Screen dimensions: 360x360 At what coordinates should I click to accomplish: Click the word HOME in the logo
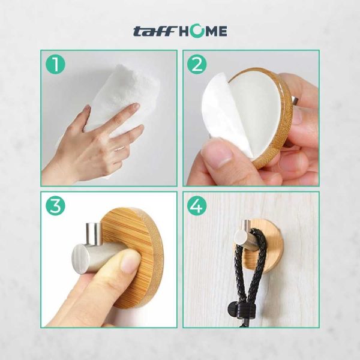point(203,31)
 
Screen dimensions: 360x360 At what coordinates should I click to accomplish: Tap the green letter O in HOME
point(197,31)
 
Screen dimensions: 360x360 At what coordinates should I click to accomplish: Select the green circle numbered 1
point(55,65)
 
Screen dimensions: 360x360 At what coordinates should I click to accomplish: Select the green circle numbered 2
point(197,65)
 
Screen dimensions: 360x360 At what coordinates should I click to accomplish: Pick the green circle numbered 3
point(55,205)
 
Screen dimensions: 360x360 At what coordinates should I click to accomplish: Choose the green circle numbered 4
point(197,205)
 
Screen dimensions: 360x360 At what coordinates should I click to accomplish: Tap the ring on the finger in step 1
point(120,149)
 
